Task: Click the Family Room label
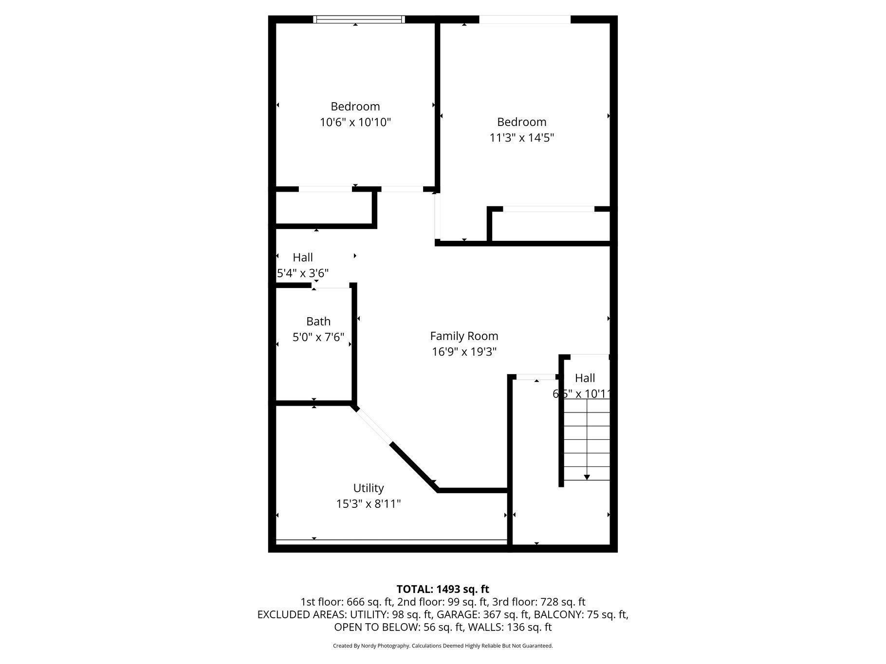click(464, 336)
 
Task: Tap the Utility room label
click(369, 488)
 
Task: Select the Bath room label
click(318, 322)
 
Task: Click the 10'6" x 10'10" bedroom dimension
click(355, 122)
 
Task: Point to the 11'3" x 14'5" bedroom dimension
click(522, 138)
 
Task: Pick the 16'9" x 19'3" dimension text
click(464, 352)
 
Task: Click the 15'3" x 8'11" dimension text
click(369, 503)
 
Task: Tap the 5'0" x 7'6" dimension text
click(318, 337)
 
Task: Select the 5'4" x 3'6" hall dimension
click(303, 273)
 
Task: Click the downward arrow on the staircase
click(587, 477)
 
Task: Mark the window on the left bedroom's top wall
click(359, 19)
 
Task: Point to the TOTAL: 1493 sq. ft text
click(443, 590)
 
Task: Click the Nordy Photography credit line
click(443, 646)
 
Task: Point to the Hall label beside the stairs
click(585, 378)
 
